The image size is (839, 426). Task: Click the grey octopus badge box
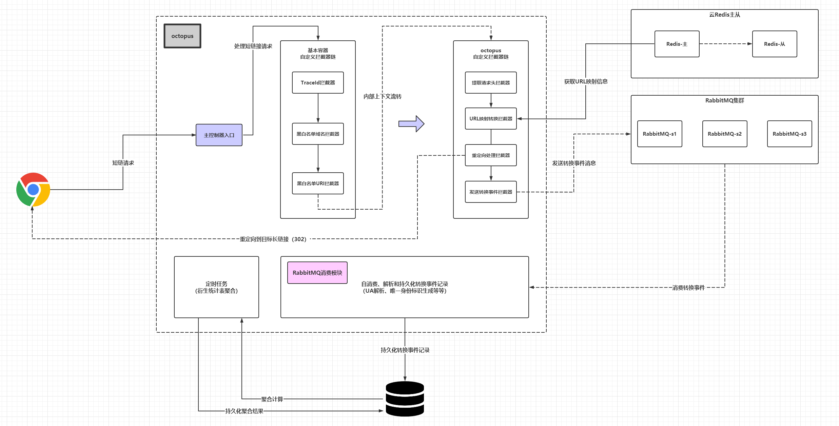tap(182, 36)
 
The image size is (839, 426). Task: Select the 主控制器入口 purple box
tap(219, 135)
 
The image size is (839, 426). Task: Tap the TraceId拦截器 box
tap(318, 82)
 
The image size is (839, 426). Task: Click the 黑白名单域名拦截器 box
tap(318, 134)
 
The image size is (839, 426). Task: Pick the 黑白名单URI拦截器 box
tap(318, 183)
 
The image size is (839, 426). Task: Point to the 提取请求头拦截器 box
tap(491, 82)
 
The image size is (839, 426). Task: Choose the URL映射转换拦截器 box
tap(491, 119)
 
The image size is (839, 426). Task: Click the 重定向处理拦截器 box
tap(491, 155)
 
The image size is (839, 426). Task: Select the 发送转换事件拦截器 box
tap(491, 192)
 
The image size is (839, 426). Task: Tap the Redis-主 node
tap(677, 44)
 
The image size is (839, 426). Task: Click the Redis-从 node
tap(775, 44)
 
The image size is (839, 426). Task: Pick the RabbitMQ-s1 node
tap(660, 134)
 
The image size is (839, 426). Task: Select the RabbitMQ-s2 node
tap(725, 134)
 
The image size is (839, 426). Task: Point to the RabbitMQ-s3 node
tap(789, 134)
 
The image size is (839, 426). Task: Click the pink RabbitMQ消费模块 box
tap(317, 273)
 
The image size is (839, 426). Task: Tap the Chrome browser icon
tap(33, 190)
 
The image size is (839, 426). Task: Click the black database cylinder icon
tap(405, 399)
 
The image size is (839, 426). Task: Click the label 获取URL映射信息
tap(586, 81)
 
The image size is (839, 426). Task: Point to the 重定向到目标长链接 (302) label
tap(273, 239)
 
